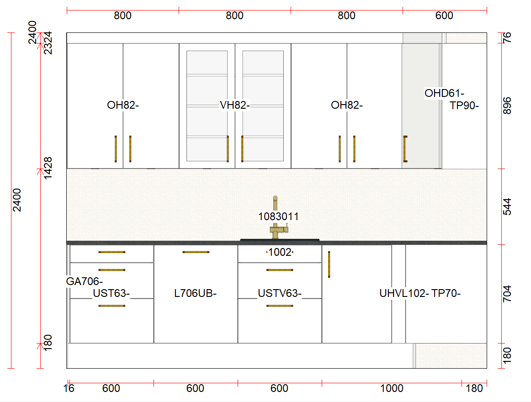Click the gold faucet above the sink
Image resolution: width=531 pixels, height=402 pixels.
pyautogui.click(x=276, y=219)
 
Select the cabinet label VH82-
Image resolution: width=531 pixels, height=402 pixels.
pyautogui.click(x=234, y=105)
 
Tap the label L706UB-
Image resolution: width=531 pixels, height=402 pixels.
pyautogui.click(x=195, y=293)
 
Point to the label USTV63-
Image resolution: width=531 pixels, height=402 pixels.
pyautogui.click(x=280, y=293)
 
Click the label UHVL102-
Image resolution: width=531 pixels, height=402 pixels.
pyautogui.click(x=404, y=293)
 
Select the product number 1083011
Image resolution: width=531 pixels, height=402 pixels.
pyautogui.click(x=278, y=216)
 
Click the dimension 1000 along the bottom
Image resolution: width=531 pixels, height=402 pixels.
pyautogui.click(x=392, y=388)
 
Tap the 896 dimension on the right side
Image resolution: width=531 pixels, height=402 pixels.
pyautogui.click(x=507, y=106)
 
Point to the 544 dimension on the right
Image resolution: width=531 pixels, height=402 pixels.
pyautogui.click(x=507, y=206)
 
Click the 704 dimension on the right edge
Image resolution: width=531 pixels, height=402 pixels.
pyautogui.click(x=507, y=294)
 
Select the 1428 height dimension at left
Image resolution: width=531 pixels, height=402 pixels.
pyautogui.click(x=48, y=168)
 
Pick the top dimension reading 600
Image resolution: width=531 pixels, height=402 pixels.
pyautogui.click(x=444, y=16)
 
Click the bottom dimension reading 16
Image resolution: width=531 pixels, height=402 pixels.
pyautogui.click(x=69, y=388)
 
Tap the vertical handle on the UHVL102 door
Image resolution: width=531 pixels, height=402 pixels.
pyautogui.click(x=329, y=264)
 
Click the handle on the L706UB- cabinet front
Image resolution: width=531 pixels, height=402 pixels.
pyautogui.click(x=196, y=252)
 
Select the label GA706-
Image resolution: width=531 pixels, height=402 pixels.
pyautogui.click(x=85, y=281)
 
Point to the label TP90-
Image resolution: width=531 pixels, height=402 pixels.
pyautogui.click(x=464, y=106)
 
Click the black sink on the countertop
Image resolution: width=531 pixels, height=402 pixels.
pyautogui.click(x=280, y=240)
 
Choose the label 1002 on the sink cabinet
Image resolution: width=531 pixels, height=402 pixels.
pyautogui.click(x=280, y=252)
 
